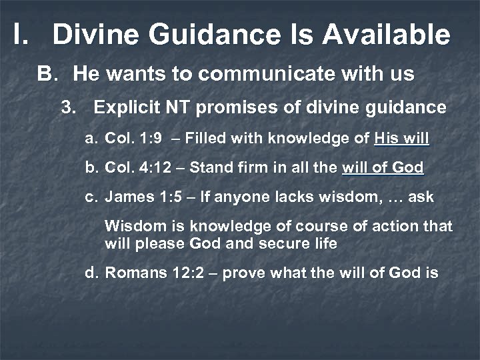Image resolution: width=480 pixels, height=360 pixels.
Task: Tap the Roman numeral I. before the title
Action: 21,35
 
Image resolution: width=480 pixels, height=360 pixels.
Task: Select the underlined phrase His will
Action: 401,139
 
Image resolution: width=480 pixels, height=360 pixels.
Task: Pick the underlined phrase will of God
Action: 382,167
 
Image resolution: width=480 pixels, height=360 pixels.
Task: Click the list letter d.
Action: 91,273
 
